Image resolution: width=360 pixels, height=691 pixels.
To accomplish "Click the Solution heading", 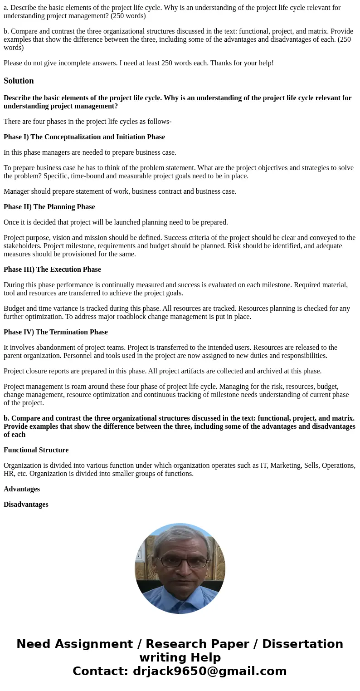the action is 19,81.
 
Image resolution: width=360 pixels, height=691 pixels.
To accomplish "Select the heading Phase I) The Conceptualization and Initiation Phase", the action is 84,137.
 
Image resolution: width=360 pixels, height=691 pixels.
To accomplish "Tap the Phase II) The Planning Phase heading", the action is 49,207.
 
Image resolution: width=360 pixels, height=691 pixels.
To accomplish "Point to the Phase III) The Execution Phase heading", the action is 52,270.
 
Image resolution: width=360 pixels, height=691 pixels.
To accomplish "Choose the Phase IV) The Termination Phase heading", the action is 56,332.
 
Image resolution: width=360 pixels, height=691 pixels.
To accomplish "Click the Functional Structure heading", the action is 36,450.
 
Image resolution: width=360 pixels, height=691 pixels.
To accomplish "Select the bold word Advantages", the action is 22,489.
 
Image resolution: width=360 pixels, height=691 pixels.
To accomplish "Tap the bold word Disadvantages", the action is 26,505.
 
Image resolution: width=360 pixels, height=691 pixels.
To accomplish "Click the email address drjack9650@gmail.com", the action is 209,671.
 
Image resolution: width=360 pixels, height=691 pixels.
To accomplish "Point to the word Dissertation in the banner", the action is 302,644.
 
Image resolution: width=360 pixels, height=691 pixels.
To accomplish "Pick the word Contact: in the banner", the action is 100,671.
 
